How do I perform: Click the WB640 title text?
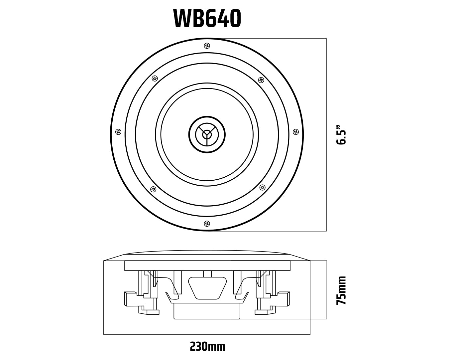pos(207,19)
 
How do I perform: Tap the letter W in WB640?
pos(182,19)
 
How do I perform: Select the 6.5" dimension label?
pos(341,135)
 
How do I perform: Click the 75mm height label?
pos(341,290)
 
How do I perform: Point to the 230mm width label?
pos(207,346)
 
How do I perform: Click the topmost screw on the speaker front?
pos(207,46)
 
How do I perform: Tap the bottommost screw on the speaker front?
pos(207,224)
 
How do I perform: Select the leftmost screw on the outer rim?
pos(118,132)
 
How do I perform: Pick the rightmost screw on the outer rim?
pos(295,132)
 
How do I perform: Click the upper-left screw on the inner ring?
pos(155,79)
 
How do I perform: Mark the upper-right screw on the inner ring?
pos(261,80)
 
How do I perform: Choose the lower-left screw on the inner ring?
pos(153,189)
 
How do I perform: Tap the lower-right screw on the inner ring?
pos(262,187)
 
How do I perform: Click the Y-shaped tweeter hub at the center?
pos(207,134)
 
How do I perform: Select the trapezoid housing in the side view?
pos(207,288)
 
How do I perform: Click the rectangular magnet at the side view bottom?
pos(207,311)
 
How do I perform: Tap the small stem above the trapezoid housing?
pos(207,274)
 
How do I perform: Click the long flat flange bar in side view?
pos(207,266)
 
